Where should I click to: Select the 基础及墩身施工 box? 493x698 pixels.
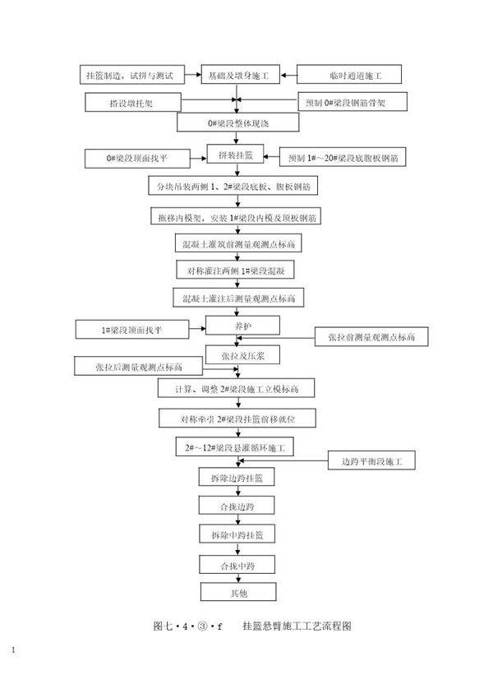point(239,76)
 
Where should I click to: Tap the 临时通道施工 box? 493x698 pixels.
point(349,76)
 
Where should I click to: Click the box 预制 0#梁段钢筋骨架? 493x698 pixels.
point(350,104)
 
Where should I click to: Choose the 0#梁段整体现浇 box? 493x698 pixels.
point(237,124)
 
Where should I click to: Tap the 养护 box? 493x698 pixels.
point(239,326)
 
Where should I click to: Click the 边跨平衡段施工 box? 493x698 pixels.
point(371,461)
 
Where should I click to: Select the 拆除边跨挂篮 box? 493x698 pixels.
point(237,478)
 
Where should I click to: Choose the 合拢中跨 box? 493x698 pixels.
point(237,566)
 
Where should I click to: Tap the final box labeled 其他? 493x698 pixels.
point(237,592)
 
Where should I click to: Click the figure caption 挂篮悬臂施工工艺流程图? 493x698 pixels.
point(297,626)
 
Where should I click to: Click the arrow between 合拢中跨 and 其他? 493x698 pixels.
point(237,579)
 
